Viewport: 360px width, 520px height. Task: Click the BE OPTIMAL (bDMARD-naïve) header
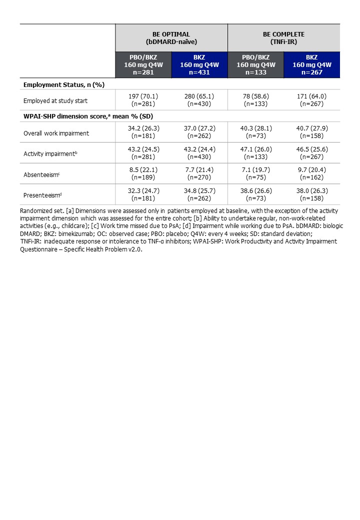click(x=171, y=37)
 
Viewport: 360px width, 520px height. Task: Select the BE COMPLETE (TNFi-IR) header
click(x=283, y=37)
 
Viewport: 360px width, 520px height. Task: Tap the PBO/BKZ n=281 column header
click(x=143, y=64)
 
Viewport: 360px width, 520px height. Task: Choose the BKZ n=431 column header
click(x=199, y=64)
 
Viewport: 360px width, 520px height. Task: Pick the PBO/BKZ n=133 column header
click(x=255, y=64)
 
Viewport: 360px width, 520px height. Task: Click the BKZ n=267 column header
click(x=312, y=64)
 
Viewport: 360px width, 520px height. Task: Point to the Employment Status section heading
click(x=63, y=84)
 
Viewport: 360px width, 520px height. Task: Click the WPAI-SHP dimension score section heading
click(x=88, y=116)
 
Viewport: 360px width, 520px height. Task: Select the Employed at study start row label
click(x=55, y=100)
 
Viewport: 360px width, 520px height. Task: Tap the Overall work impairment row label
click(x=56, y=133)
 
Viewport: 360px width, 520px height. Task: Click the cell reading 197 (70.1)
click(x=143, y=97)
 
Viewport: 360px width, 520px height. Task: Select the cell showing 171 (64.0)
click(x=312, y=97)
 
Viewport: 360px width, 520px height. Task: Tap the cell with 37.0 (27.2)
click(x=199, y=129)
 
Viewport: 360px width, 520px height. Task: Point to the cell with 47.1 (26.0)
click(x=255, y=150)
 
